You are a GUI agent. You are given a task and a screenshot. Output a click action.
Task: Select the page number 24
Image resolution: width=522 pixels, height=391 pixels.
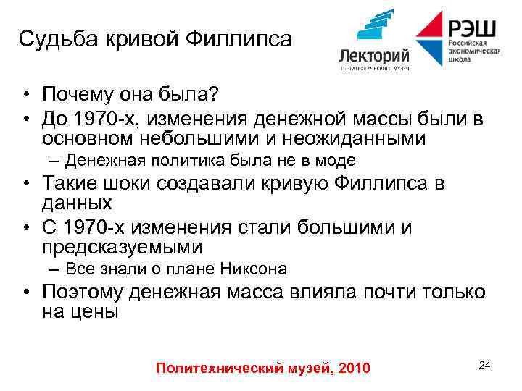tap(485, 365)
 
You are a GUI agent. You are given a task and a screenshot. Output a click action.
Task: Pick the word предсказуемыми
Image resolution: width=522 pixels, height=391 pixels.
tap(122, 248)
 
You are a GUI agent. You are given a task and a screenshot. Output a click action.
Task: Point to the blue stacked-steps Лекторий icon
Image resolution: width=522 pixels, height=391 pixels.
tap(375, 28)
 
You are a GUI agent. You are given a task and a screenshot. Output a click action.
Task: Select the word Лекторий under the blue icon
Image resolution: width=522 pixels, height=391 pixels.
tap(374, 56)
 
